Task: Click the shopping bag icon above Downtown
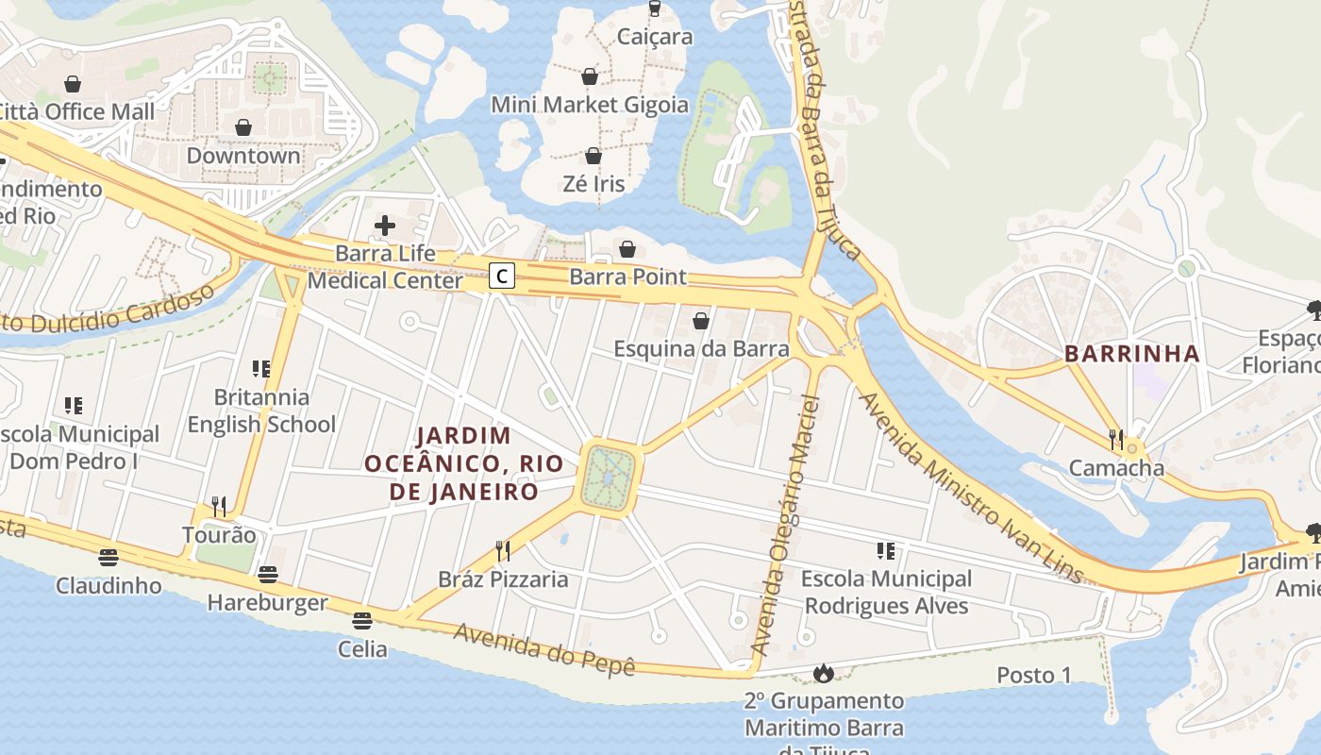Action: (243, 126)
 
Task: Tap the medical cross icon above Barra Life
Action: (385, 225)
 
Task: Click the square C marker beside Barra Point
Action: (503, 276)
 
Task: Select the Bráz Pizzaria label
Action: (503, 579)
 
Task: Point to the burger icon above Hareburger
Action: (268, 574)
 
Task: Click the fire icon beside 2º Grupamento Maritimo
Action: (823, 673)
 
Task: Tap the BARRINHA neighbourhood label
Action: (1131, 354)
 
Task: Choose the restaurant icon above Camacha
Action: (1117, 439)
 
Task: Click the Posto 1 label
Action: (1034, 675)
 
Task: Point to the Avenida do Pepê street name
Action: (543, 649)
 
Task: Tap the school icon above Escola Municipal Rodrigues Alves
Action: (885, 550)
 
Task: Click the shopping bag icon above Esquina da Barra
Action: (701, 321)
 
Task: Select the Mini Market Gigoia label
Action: (590, 104)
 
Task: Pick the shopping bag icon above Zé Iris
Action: (594, 155)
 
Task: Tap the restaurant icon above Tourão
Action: (219, 507)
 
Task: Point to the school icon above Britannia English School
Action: (261, 368)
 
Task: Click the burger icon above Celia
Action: (362, 620)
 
